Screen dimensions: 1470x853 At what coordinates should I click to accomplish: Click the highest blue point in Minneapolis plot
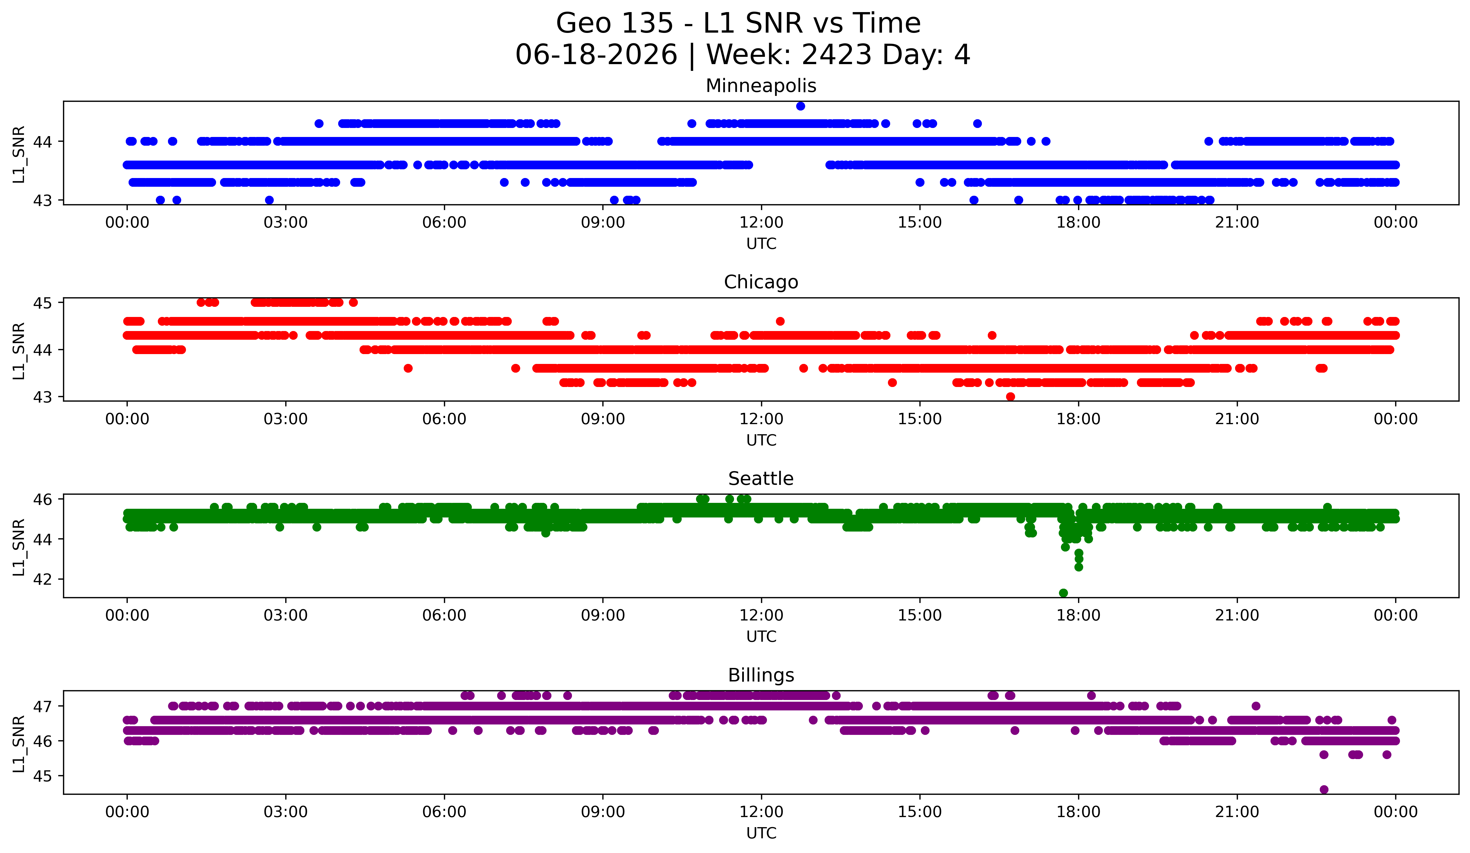(800, 106)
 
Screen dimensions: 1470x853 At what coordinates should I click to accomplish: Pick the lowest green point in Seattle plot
(1063, 593)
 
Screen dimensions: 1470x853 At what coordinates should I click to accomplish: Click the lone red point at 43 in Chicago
(1010, 397)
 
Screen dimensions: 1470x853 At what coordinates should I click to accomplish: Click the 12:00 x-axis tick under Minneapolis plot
(761, 223)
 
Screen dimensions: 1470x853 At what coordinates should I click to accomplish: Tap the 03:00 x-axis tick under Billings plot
(286, 812)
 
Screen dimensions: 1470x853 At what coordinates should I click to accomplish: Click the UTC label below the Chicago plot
(761, 440)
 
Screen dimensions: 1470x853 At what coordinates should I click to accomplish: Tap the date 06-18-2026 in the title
(596, 55)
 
